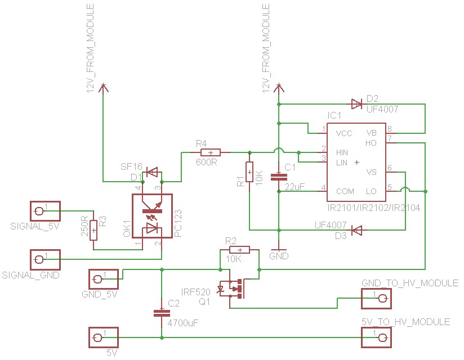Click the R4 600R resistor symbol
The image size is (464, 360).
(x=211, y=152)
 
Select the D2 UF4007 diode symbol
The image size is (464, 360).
(x=356, y=103)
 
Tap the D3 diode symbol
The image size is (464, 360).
(x=356, y=230)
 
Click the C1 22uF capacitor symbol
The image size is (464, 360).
(x=279, y=176)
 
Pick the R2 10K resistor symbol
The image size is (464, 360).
(x=239, y=250)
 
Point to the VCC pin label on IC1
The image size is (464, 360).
(x=343, y=134)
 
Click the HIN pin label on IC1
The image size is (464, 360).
(x=342, y=152)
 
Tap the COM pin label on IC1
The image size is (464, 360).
(x=345, y=192)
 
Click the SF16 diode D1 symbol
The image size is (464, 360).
(x=151, y=171)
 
